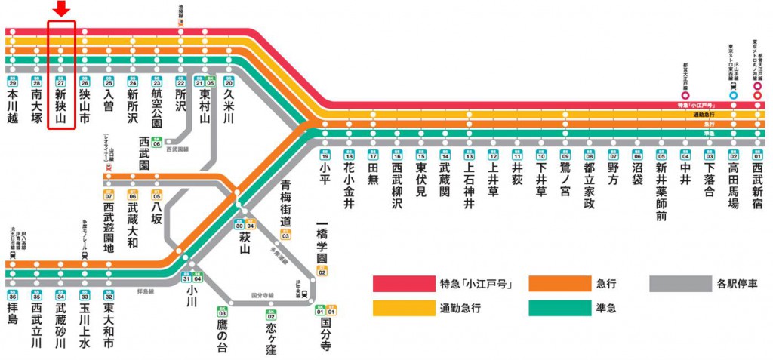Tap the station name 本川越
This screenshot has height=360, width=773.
click(x=13, y=106)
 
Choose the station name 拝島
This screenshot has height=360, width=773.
click(x=13, y=314)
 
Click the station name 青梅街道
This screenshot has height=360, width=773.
click(x=285, y=204)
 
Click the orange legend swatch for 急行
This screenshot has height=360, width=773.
click(x=558, y=284)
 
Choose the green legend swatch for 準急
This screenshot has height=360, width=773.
click(x=558, y=309)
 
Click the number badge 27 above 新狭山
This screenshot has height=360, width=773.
click(x=61, y=81)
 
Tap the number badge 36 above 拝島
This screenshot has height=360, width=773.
click(x=13, y=297)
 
